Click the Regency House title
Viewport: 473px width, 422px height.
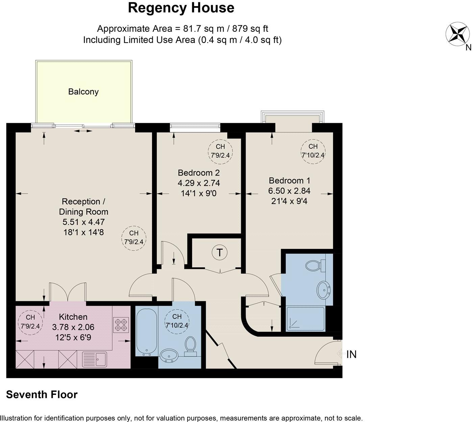tap(181, 8)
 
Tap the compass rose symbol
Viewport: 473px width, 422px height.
tap(458, 34)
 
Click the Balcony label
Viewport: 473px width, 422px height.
tap(83, 92)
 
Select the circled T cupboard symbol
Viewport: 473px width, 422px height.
tap(220, 252)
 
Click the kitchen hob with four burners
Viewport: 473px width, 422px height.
tap(121, 325)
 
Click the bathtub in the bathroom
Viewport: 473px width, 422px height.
tap(146, 331)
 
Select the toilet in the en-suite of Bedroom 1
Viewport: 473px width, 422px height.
tap(315, 265)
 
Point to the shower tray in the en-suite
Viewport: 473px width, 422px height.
tap(305, 319)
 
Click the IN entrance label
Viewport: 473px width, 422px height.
tap(351, 354)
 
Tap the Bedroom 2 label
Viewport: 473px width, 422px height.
tap(199, 173)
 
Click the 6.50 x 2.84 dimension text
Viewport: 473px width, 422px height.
tap(289, 191)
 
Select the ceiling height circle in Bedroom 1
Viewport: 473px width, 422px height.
tap(313, 151)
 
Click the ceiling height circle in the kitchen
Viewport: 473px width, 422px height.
tap(30, 322)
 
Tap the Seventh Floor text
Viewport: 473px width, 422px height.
tap(42, 395)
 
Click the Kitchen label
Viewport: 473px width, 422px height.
tap(73, 317)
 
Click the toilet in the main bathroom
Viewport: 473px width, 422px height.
tap(191, 346)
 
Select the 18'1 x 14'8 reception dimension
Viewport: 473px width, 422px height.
tap(83, 232)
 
